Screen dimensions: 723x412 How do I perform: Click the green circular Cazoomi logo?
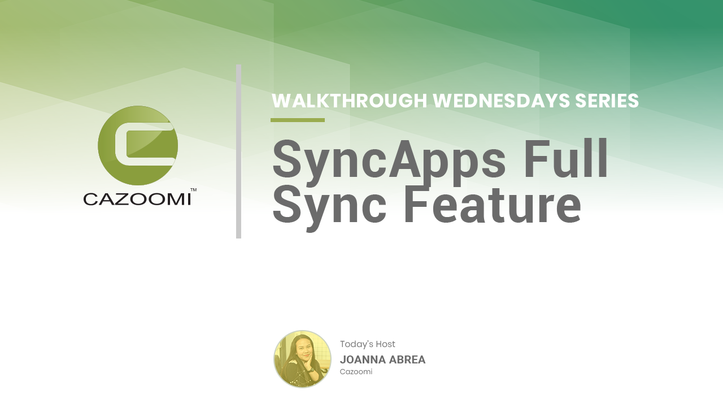tap(138, 145)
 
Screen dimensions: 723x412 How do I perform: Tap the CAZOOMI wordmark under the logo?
tap(137, 200)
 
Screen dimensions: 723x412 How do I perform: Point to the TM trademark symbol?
tap(193, 190)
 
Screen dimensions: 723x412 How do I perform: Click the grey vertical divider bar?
tap(238, 151)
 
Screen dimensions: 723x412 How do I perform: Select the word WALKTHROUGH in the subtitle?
tap(350, 101)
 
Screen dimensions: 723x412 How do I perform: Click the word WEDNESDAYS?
tap(501, 101)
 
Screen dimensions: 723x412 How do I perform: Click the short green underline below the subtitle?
tap(298, 120)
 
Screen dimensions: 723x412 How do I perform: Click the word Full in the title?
tap(566, 158)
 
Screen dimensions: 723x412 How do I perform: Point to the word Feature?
tap(493, 205)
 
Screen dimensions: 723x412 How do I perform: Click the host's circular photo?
tap(302, 359)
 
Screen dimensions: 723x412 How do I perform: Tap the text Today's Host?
tap(367, 344)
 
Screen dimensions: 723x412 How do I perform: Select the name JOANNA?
tap(363, 359)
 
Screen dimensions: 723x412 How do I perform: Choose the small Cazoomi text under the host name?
tap(356, 372)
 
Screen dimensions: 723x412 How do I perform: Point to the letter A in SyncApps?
tap(406, 159)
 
